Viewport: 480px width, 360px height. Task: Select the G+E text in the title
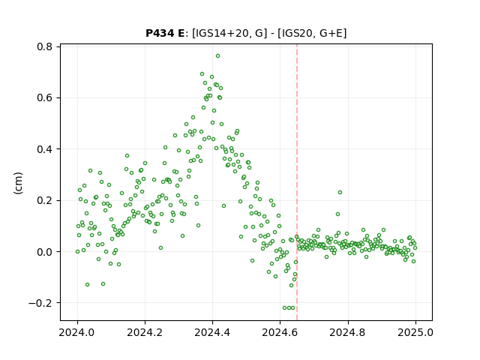pyautogui.click(x=331, y=33)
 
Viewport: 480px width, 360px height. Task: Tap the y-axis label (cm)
pyautogui.click(x=18, y=183)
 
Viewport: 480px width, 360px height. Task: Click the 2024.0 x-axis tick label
pyautogui.click(x=77, y=332)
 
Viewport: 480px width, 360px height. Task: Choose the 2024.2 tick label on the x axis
pyautogui.click(x=145, y=332)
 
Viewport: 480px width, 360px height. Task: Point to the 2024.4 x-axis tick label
pyautogui.click(x=212, y=332)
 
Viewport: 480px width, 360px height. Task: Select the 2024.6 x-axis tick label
pyautogui.click(x=280, y=332)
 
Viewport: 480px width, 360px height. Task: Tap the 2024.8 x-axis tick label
pyautogui.click(x=348, y=332)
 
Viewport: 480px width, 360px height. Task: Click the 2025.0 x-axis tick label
pyautogui.click(x=415, y=332)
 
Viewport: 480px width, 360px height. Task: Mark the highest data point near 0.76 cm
pyautogui.click(x=217, y=56)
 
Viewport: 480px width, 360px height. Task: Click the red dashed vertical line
pyautogui.click(x=297, y=182)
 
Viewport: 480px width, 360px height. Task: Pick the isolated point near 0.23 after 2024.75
pyautogui.click(x=340, y=192)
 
